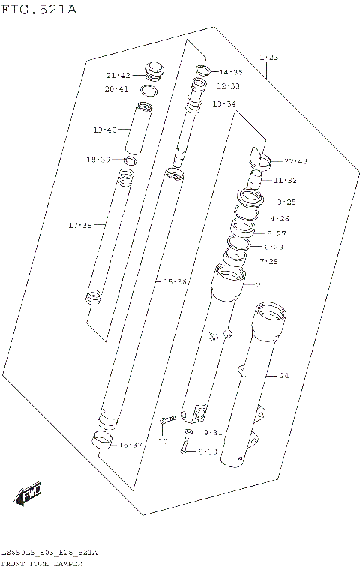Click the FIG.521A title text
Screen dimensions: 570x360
click(x=38, y=10)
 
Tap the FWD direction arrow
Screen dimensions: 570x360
click(x=29, y=493)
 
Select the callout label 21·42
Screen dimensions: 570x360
click(x=118, y=75)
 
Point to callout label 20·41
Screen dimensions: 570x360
click(x=118, y=89)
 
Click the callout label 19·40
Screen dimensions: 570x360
click(x=105, y=130)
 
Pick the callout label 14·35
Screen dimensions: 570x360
click(x=230, y=72)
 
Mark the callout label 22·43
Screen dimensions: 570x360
click(x=295, y=161)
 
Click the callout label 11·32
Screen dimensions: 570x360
click(x=285, y=180)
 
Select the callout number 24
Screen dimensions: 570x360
click(x=283, y=375)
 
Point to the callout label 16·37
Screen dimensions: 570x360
click(x=130, y=445)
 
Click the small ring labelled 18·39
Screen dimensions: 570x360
click(x=130, y=160)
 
